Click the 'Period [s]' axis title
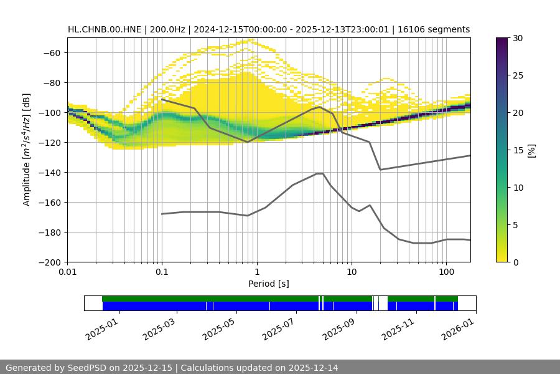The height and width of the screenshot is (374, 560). click(269, 284)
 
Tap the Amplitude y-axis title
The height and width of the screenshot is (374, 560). click(27, 150)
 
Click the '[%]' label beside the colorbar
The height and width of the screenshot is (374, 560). click(531, 150)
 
